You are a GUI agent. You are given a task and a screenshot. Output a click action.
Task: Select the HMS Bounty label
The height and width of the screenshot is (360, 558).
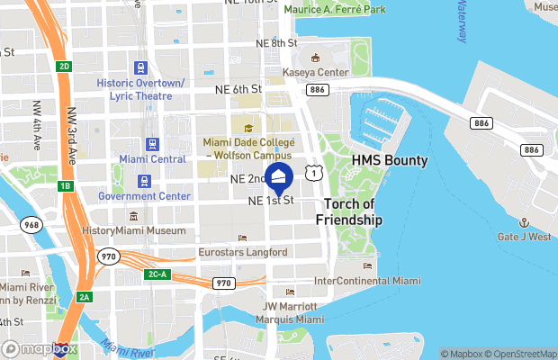tap(390, 161)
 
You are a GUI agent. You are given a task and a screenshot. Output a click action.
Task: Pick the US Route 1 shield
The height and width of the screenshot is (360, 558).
tap(312, 170)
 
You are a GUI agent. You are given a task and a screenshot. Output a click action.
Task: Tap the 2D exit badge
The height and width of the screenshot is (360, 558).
tap(64, 67)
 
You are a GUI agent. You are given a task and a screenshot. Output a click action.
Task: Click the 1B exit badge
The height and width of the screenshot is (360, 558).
tap(64, 186)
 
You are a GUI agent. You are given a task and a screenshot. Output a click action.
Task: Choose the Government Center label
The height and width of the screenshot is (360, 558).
tap(144, 196)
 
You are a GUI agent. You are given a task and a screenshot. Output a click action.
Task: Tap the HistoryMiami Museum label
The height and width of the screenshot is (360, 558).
tap(133, 230)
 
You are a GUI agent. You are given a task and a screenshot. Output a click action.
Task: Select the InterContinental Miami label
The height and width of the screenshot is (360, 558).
tap(367, 281)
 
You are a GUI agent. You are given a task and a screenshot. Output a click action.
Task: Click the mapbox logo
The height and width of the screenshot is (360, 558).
tap(40, 348)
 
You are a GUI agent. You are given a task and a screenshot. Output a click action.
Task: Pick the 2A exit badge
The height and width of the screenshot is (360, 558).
tap(85, 297)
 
